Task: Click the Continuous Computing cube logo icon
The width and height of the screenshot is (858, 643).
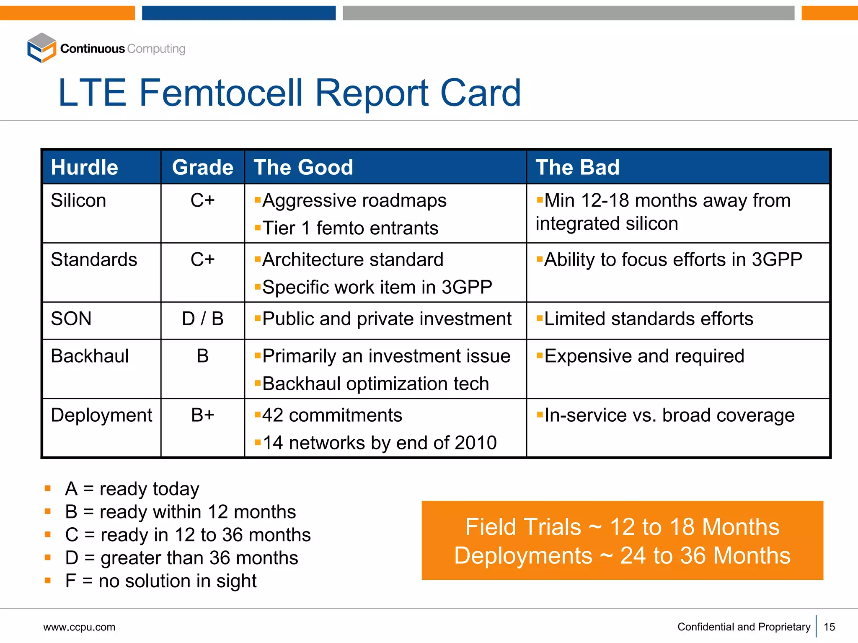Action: (41, 48)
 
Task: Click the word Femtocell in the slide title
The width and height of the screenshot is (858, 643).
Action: (220, 93)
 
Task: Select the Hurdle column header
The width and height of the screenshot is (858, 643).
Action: (84, 167)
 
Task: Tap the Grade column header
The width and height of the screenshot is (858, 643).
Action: (202, 167)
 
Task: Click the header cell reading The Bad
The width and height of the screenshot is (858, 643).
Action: (577, 167)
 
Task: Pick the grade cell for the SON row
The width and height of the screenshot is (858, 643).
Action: (202, 319)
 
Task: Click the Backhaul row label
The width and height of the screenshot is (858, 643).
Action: (90, 356)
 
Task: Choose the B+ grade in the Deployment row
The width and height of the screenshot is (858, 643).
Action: (202, 415)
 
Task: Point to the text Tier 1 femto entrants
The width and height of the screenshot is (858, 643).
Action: (350, 228)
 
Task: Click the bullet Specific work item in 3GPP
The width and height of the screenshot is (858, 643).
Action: (377, 288)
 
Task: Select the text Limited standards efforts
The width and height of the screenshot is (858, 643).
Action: (648, 319)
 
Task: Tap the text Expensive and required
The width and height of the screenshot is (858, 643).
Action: (644, 356)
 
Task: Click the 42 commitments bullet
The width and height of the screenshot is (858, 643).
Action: (332, 415)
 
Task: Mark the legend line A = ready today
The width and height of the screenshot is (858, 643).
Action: (132, 489)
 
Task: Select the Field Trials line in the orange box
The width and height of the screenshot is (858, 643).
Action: (622, 527)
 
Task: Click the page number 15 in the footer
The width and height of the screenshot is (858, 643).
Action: (829, 627)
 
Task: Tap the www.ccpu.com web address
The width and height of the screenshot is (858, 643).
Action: (79, 627)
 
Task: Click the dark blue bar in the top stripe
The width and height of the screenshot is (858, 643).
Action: (238, 13)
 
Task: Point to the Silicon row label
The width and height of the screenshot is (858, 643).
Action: (78, 201)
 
